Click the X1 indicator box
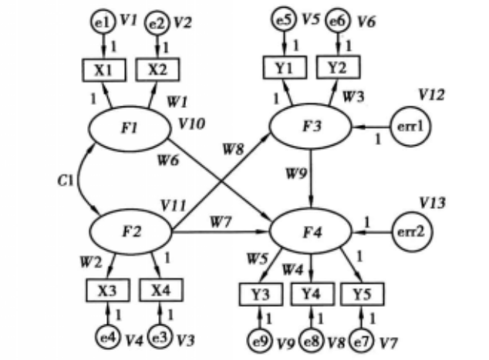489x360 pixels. click(103, 69)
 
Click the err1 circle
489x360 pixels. click(409, 126)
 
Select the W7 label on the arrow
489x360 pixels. click(220, 223)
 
